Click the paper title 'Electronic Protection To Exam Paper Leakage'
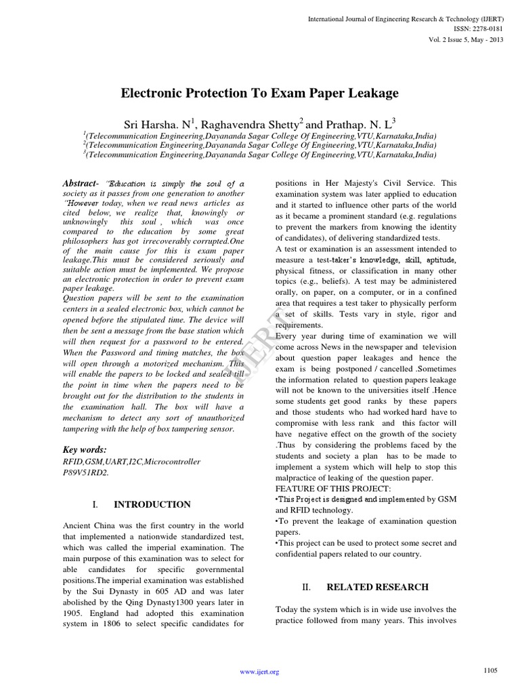(x=259, y=94)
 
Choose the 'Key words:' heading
(x=85, y=449)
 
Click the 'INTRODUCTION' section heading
(x=152, y=505)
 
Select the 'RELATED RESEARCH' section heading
(x=377, y=587)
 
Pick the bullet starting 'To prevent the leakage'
(x=366, y=521)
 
